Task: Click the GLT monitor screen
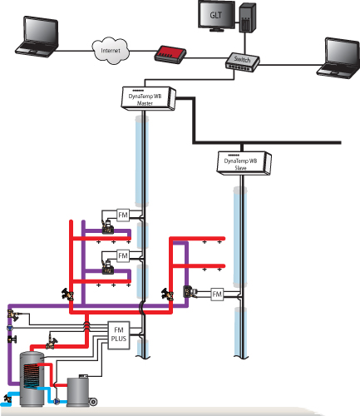(x=216, y=14)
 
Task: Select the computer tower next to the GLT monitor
(x=248, y=18)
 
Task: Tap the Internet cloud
(x=111, y=51)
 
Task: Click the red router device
(x=170, y=54)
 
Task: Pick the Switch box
(x=242, y=62)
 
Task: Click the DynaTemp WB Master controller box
(x=148, y=98)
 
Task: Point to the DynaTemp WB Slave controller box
(x=244, y=163)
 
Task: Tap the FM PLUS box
(x=119, y=335)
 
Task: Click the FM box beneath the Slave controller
(x=217, y=294)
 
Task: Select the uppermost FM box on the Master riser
(x=123, y=215)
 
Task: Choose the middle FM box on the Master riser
(x=123, y=255)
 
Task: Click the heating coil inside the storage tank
(x=31, y=376)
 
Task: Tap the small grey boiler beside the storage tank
(x=78, y=391)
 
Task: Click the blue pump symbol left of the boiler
(x=57, y=401)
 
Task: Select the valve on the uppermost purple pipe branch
(x=107, y=227)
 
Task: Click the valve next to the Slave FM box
(x=190, y=292)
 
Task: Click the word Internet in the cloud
(x=111, y=51)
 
